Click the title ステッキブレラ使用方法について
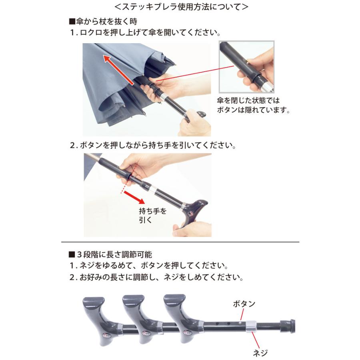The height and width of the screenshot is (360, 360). [180, 7]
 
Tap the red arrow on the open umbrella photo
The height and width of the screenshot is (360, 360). [120, 70]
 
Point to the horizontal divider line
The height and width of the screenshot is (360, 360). [180, 242]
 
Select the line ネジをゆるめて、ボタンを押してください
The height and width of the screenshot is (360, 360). [148, 266]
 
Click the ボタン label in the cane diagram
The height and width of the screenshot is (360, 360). [244, 304]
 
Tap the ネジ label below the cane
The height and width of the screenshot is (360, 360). [260, 352]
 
